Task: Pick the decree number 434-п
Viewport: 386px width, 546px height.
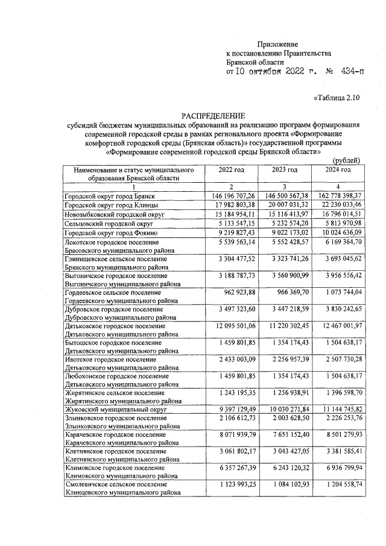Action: click(352, 71)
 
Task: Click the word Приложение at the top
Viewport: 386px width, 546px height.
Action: click(278, 44)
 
